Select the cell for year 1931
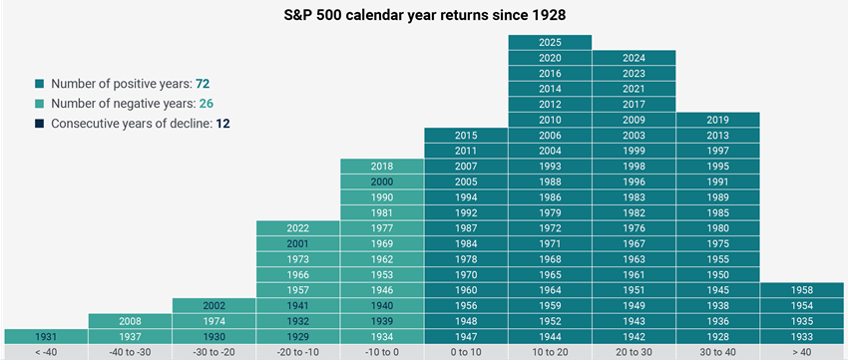46,336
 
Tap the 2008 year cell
130,321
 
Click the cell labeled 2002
213,305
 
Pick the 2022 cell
297,228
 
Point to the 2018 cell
381,167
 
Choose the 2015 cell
466,136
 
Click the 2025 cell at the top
550,43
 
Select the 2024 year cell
634,58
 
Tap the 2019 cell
717,120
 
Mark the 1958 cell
801,290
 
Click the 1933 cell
801,336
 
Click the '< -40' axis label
46,352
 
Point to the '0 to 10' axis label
466,352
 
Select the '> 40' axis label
801,352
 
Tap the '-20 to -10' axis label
297,352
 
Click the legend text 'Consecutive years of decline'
130,124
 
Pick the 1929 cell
297,336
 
